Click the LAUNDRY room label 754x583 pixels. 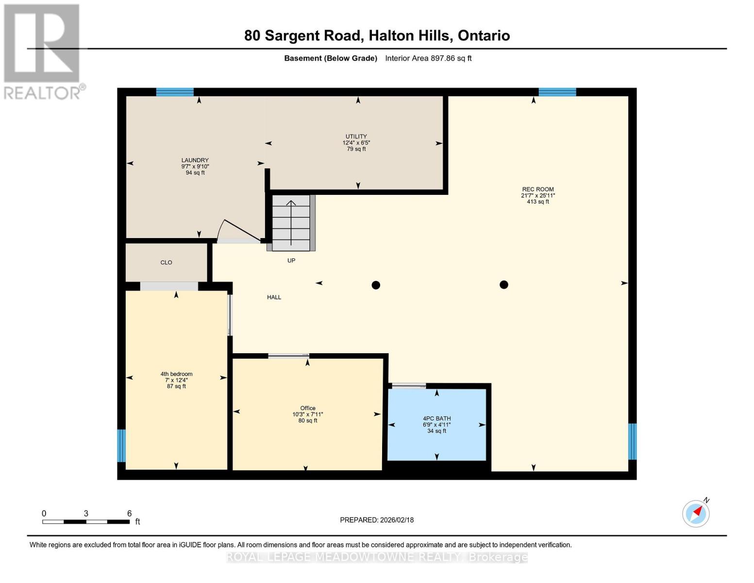(195, 160)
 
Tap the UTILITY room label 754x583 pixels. (356, 137)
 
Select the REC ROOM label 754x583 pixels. (538, 189)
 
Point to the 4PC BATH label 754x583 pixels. (436, 418)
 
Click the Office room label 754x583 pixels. (308, 408)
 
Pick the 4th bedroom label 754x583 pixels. (176, 374)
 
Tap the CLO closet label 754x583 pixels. (166, 262)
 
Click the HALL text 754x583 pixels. (274, 297)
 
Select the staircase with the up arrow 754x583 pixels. (291, 223)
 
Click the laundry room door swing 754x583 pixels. (239, 230)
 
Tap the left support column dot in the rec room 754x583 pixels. (376, 285)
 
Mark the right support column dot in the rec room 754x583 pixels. (504, 285)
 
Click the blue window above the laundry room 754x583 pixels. (175, 92)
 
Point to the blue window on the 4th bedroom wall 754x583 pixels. (121, 446)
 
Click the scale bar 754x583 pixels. (86, 521)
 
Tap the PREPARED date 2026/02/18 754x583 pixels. (397, 520)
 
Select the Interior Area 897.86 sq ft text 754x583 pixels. (428, 58)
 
